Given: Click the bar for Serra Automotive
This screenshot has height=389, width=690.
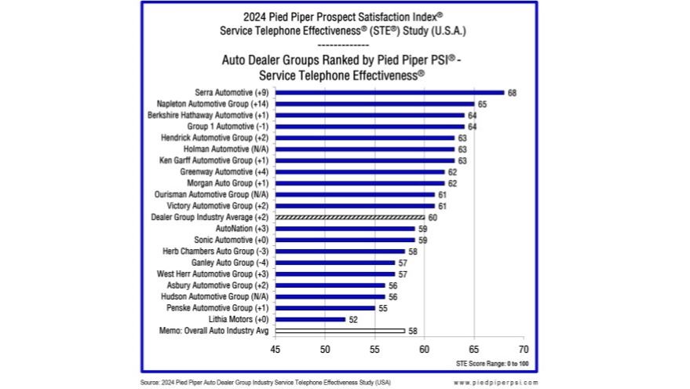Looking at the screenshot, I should [x=389, y=93].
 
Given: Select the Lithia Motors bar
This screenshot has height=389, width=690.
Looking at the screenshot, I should [x=310, y=319].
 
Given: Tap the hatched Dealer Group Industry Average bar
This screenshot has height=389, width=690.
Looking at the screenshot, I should [x=349, y=217].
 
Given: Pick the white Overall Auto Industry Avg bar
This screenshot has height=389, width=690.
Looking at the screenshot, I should [x=340, y=331].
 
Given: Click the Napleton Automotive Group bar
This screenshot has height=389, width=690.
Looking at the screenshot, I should [x=374, y=104].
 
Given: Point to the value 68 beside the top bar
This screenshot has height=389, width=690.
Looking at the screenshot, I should [x=512, y=93].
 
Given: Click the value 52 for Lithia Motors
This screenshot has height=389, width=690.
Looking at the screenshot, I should [x=352, y=319].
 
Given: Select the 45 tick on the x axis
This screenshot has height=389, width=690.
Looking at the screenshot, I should [x=276, y=348].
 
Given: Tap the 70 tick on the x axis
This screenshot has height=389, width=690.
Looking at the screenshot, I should [x=524, y=348].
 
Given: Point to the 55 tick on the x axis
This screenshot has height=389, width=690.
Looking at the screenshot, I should [x=374, y=348].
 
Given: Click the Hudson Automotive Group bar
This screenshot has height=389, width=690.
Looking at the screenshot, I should [x=330, y=296].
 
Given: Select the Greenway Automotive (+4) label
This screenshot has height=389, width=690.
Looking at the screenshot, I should [x=225, y=172].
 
